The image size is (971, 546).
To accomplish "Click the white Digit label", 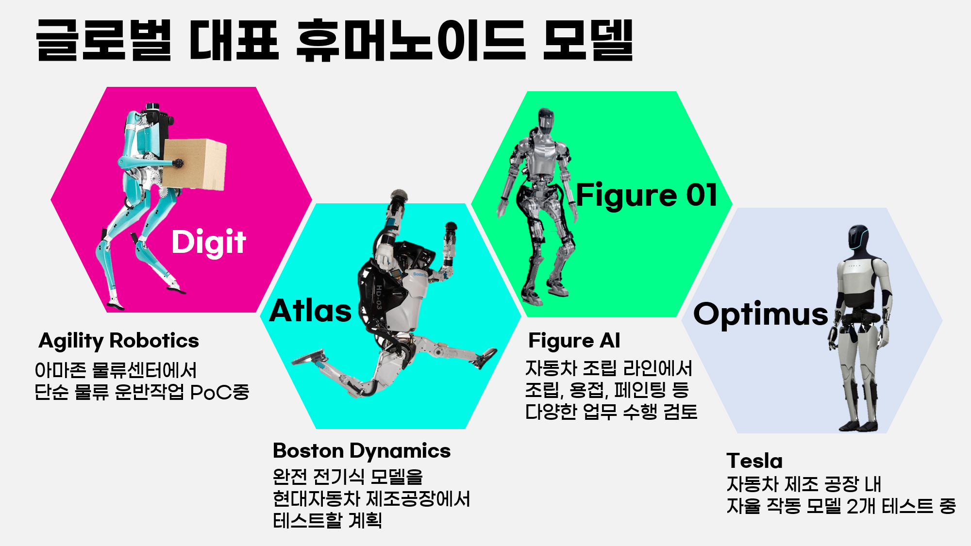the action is coord(209,242).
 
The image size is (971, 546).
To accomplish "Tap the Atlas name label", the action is coord(311,311).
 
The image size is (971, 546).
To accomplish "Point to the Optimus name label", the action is coord(760,314).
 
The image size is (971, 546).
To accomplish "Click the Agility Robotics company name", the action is coord(119,341).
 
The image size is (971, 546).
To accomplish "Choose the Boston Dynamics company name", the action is coord(362,451).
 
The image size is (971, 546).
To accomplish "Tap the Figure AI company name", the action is coord(574,341).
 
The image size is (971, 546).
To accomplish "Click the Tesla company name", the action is coord(754,461).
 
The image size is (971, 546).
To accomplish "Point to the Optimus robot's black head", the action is coord(858,237).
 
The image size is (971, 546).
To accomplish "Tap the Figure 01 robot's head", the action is coord(546,121).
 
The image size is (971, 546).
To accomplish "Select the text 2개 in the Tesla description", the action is coord(861,506).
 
